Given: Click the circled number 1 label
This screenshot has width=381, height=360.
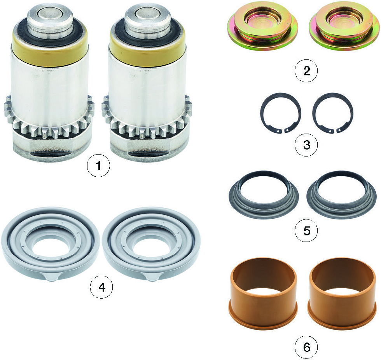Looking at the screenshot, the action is coord(98,166).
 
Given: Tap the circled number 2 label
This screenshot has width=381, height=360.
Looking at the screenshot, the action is coord(307,71).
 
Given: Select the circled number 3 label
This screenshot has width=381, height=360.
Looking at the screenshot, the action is coord(307,145).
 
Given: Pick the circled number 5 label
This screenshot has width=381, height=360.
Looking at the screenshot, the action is coord(307,230).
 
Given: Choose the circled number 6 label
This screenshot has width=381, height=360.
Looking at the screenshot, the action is coord(307,347).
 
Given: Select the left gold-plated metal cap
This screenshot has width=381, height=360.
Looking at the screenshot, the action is coord(263,28).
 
